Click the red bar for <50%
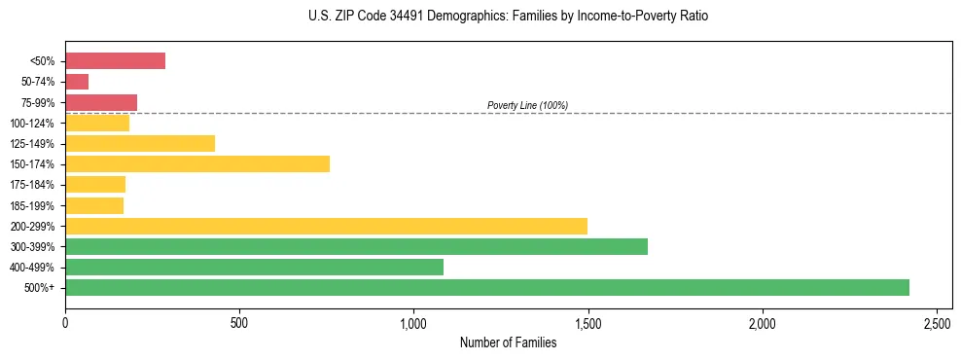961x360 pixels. pos(115,61)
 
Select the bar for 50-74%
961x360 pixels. pos(77,82)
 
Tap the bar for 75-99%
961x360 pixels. pos(101,102)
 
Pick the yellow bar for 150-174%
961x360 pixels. pos(197,163)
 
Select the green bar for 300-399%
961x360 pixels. pos(356,246)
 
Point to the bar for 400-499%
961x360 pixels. pos(254,267)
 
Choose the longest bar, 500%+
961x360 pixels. pos(486,287)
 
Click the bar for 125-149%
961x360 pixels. pos(140,143)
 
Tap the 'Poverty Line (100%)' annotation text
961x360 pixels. pos(527,105)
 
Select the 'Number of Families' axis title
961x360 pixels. pos(508,342)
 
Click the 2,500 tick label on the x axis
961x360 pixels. pos(937,321)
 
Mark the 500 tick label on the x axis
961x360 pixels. pos(239,321)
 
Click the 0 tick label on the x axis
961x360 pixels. pos(65,321)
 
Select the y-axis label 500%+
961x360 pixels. pos(40,288)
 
